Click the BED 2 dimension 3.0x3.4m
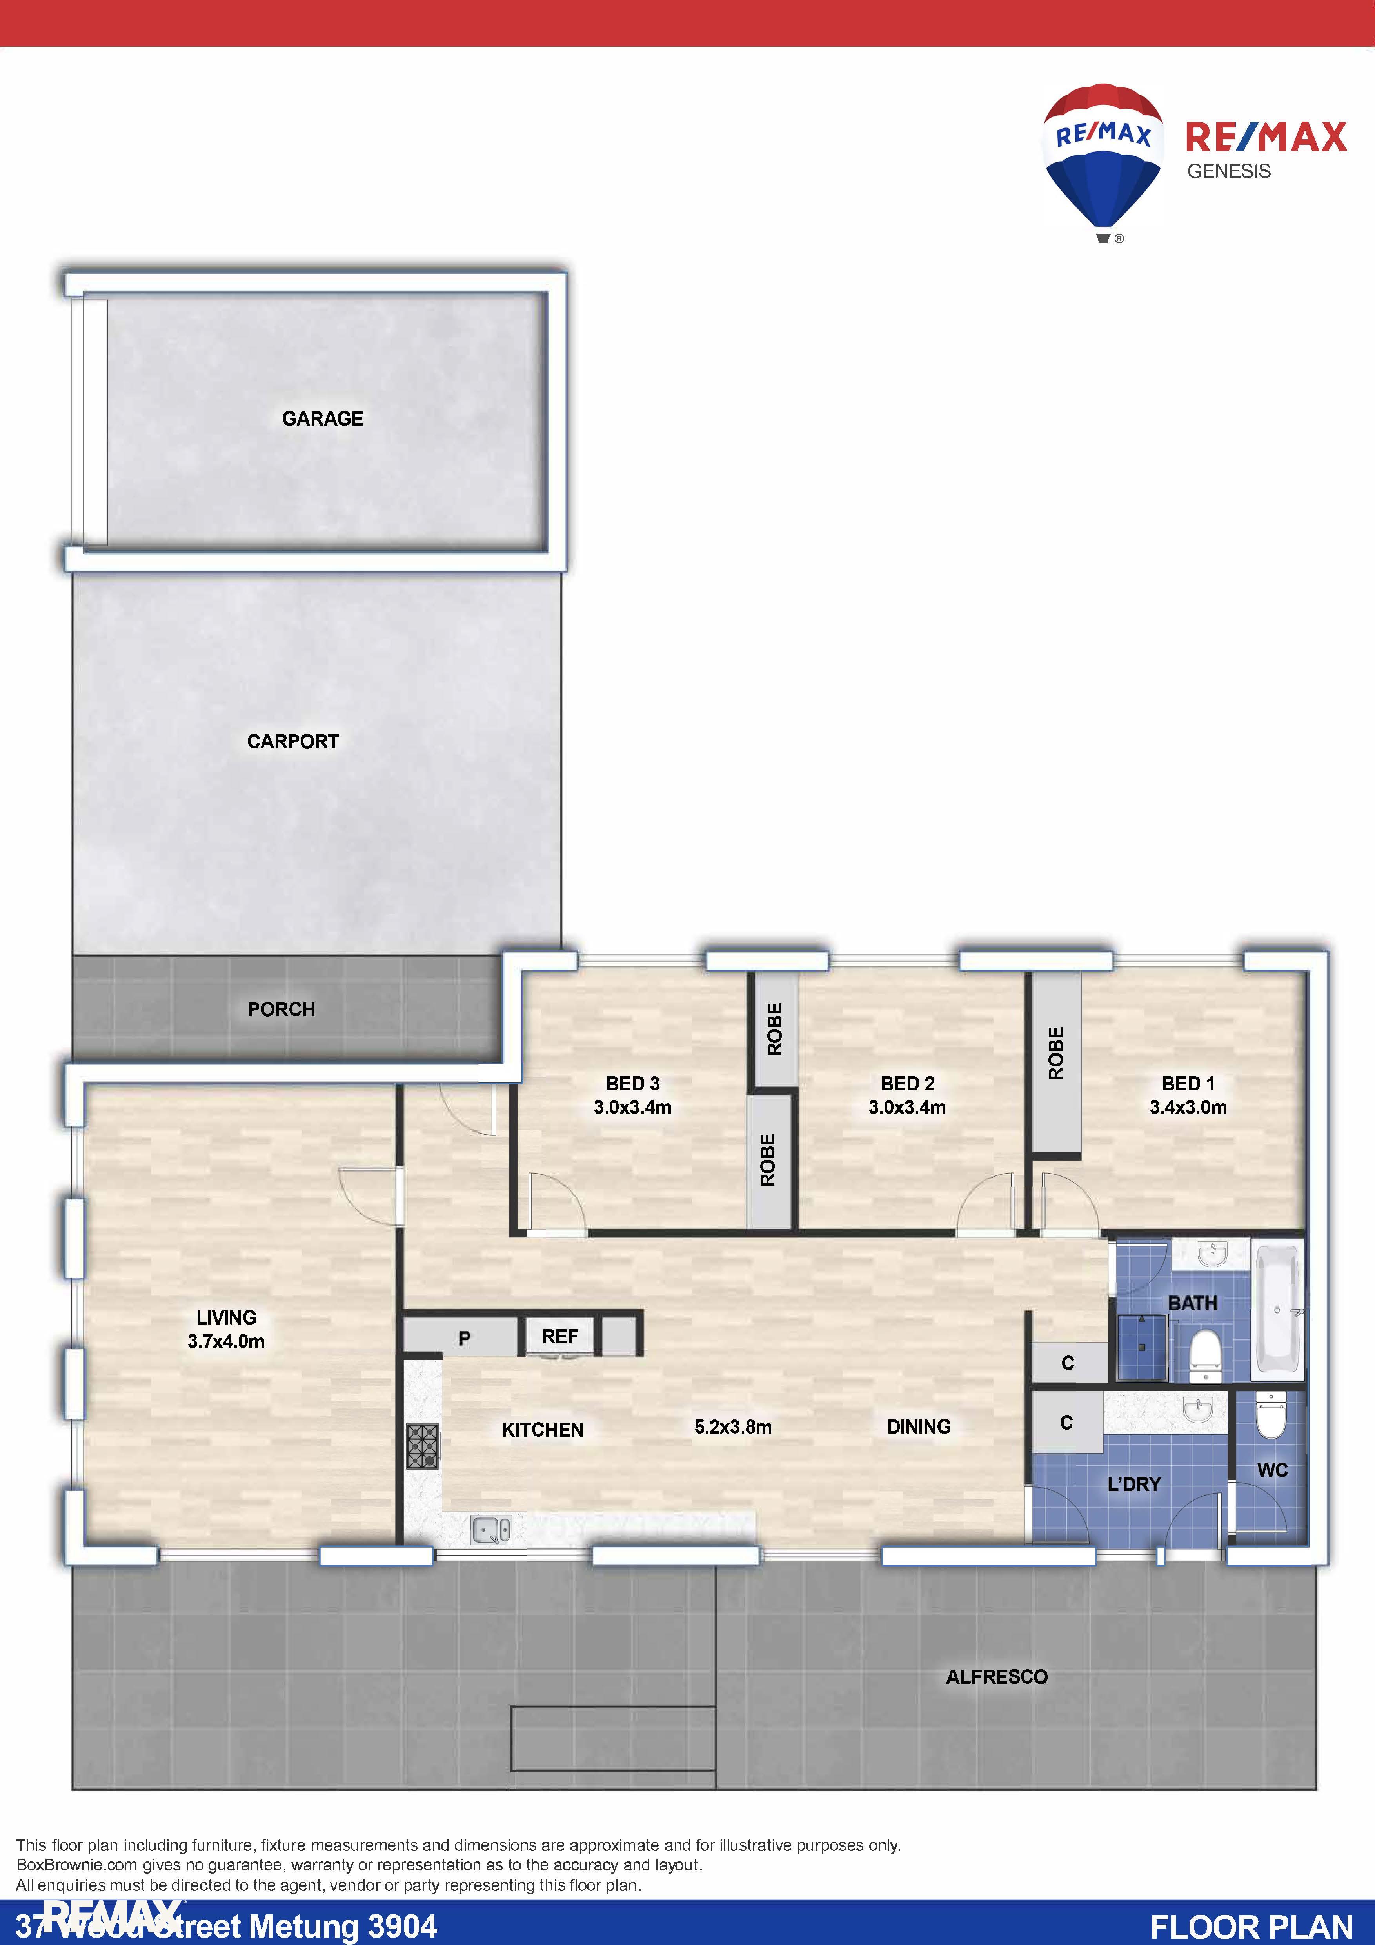[x=907, y=1107]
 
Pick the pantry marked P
[x=464, y=1339]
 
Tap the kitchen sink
[x=491, y=1530]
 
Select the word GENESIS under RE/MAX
[x=1228, y=171]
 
